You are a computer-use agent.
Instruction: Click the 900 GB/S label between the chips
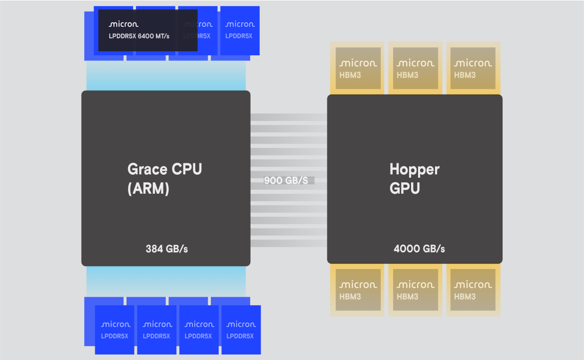point(286,180)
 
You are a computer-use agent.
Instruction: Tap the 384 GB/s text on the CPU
point(166,248)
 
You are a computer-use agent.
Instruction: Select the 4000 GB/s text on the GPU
point(419,248)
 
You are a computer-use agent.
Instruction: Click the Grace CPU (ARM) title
point(165,178)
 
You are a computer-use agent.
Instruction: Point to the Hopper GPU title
point(414,178)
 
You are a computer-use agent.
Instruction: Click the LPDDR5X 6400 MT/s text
point(140,36)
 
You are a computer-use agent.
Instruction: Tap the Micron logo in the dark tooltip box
point(124,24)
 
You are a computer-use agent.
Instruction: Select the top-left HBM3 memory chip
point(357,68)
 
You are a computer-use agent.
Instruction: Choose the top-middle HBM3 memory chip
point(415,68)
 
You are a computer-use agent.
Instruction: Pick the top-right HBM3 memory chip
point(473,68)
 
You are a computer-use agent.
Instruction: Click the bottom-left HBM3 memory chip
point(357,290)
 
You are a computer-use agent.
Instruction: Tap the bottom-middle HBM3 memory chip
point(415,290)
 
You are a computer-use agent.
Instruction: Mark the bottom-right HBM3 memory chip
point(473,290)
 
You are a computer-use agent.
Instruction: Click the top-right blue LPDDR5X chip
point(240,30)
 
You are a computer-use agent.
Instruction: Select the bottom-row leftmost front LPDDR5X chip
point(115,330)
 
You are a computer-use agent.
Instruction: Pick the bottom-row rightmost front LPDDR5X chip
point(241,330)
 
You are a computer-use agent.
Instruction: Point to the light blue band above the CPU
point(166,76)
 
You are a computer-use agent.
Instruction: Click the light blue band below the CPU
point(166,281)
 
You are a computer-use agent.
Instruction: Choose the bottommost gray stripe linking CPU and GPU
point(289,243)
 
